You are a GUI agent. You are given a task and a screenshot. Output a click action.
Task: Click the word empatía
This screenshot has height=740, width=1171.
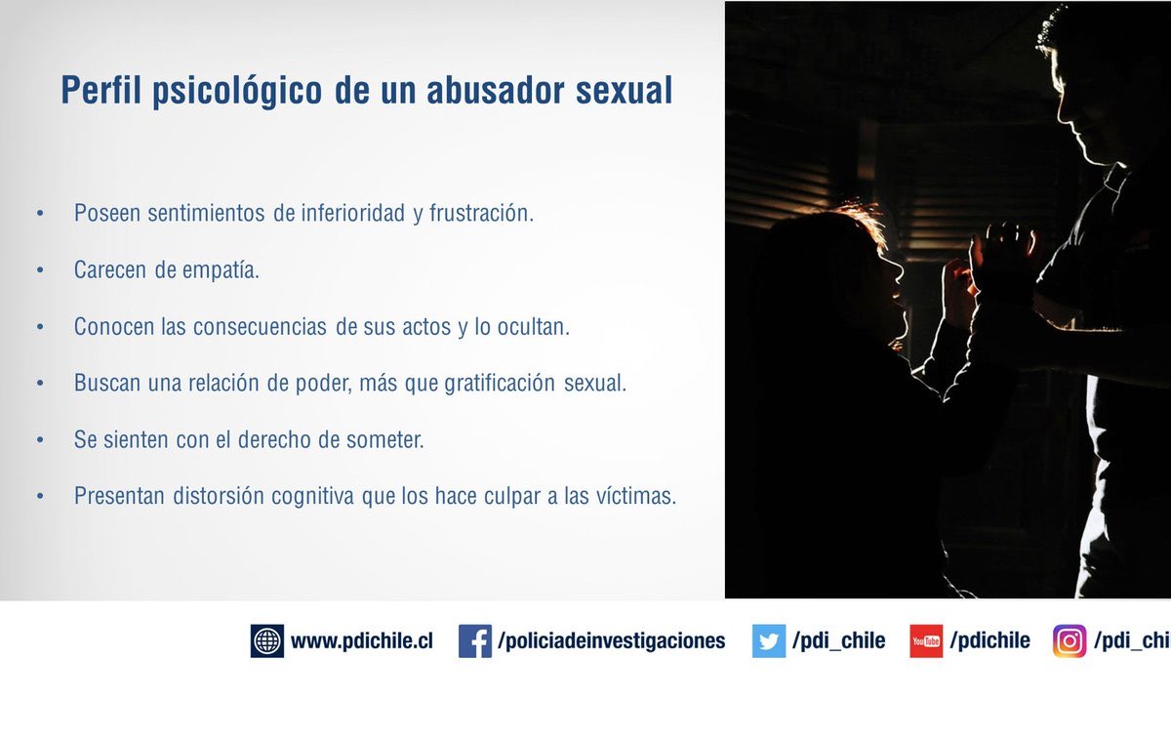221,270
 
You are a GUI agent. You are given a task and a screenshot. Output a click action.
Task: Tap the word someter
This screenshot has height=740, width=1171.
385,439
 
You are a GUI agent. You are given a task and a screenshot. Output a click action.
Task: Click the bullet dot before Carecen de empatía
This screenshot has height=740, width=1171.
40,270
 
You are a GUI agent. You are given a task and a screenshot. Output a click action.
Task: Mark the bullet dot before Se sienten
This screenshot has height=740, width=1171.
40,440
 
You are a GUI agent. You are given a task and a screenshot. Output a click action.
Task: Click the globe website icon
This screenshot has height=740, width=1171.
266,640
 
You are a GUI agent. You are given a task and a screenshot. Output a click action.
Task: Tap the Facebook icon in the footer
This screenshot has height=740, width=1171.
474,640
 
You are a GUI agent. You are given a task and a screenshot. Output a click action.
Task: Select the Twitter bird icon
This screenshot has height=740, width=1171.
768,640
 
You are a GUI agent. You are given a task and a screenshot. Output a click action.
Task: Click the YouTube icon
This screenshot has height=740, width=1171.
926,640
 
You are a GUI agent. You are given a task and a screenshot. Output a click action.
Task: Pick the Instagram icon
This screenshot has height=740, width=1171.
1070,640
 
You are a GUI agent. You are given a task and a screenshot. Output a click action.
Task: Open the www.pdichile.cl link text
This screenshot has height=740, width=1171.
361,641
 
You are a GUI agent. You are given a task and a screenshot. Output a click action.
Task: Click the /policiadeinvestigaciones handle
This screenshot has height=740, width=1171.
612,641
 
